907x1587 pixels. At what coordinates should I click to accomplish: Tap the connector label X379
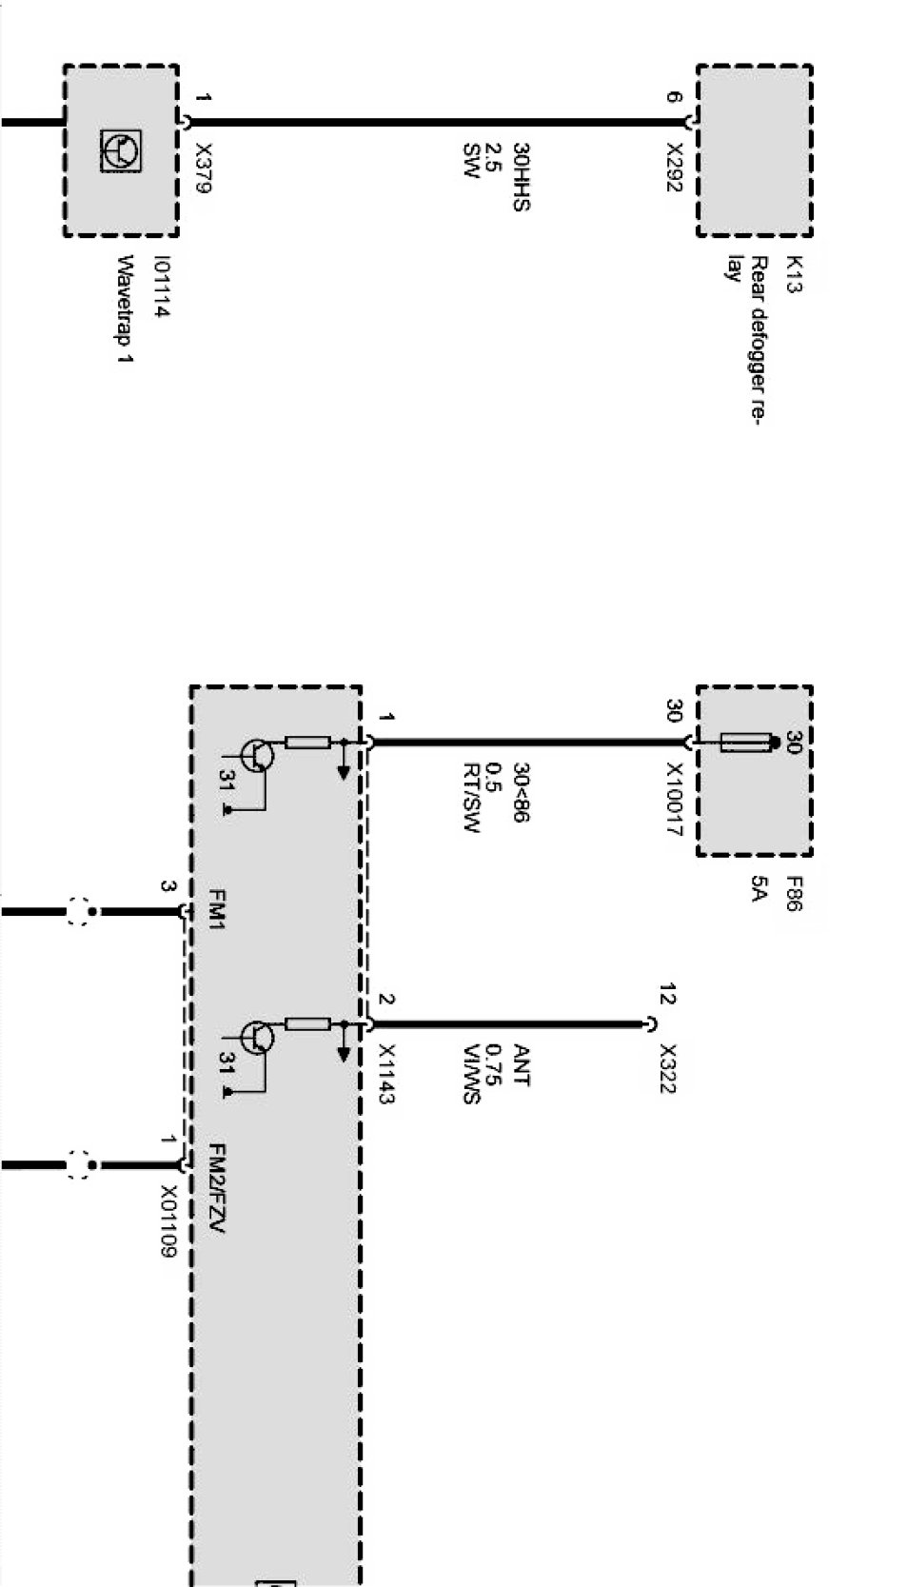[x=202, y=168]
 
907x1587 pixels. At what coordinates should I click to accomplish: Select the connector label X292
[x=674, y=167]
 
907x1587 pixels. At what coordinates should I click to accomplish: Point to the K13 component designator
[x=793, y=274]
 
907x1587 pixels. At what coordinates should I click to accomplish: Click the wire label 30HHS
[x=521, y=176]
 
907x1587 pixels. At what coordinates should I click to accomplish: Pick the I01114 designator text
[x=164, y=286]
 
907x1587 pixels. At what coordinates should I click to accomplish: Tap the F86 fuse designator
[x=793, y=894]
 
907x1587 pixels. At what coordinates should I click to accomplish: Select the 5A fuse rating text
[x=758, y=889]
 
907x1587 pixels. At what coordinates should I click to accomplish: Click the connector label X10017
[x=674, y=800]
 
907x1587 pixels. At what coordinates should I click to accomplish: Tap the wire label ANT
[x=521, y=1065]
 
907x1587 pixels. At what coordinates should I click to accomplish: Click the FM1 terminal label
[x=216, y=910]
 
